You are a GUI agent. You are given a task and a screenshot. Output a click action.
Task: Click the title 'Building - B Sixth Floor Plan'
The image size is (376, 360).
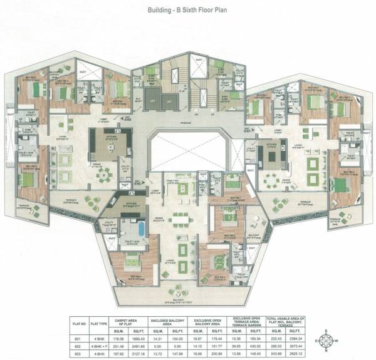(x=187, y=11)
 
